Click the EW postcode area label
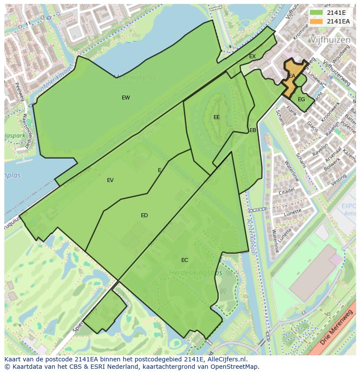point(126,98)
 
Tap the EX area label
point(252,56)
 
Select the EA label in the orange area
point(292,76)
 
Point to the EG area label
point(301,99)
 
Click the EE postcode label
point(217,117)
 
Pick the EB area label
point(253,130)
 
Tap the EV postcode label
point(110,180)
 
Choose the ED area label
point(144,215)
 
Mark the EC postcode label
point(185,260)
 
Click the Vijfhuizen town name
point(330,40)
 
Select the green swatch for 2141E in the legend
point(316,13)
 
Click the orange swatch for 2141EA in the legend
point(316,21)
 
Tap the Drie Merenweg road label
point(337,328)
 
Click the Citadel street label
point(287,191)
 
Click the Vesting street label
point(338,180)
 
